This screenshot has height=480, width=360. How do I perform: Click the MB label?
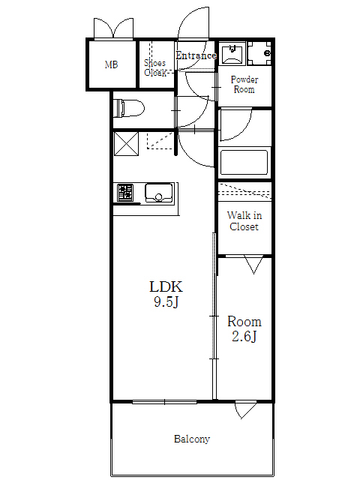111,64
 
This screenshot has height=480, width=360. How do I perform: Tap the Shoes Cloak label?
155,68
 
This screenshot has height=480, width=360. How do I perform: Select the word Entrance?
196,55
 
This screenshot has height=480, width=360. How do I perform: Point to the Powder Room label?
243,84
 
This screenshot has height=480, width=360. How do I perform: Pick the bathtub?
243,163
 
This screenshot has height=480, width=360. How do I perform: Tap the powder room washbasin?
232,53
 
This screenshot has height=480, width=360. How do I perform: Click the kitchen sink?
159,193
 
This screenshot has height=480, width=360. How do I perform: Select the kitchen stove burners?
125,193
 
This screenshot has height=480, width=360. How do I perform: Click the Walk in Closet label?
244,221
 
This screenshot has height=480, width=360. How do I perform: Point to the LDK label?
166,286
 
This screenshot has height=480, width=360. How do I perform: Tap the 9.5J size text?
166,303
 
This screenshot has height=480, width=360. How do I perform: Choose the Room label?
244,321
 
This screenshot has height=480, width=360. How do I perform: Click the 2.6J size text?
244,337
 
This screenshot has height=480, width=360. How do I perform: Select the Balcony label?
192,439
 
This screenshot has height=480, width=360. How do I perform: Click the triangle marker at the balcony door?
245,410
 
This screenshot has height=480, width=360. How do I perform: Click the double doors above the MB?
112,28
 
